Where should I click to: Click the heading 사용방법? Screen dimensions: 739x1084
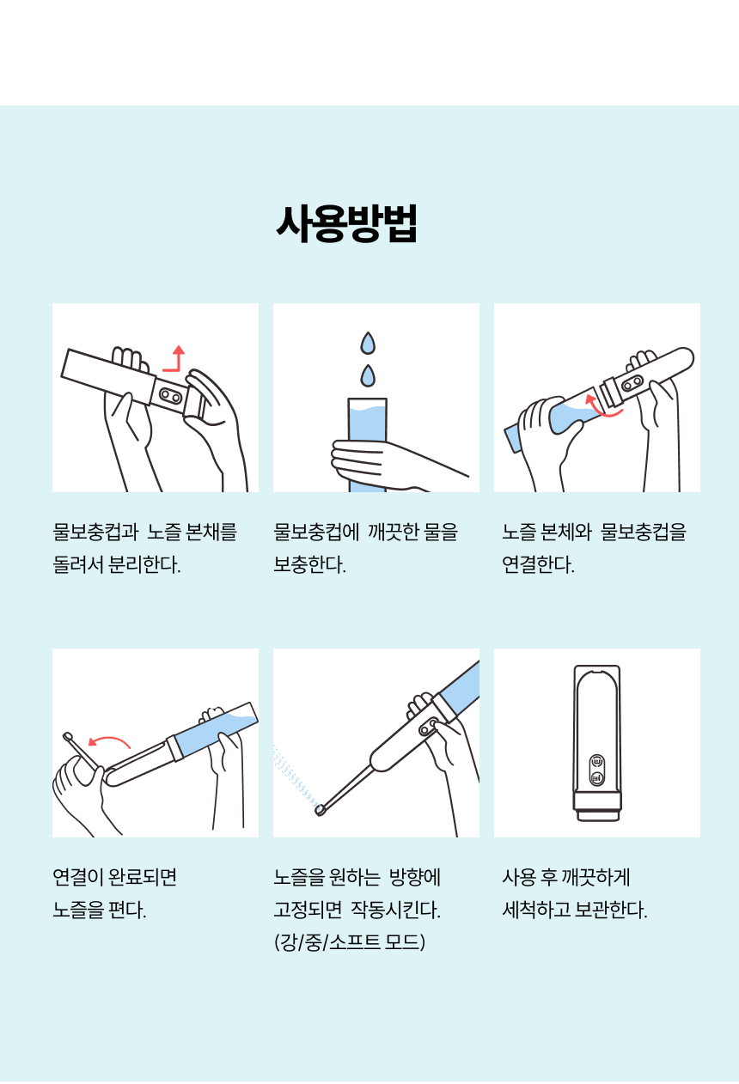pos(347,223)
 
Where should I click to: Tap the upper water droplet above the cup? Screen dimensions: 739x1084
pos(368,343)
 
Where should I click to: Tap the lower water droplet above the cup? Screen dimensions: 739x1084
pos(368,376)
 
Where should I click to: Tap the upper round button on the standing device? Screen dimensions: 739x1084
pos(597,761)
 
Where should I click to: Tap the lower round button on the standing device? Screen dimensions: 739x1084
pos(597,778)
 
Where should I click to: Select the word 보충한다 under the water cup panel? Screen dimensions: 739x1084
pos(310,564)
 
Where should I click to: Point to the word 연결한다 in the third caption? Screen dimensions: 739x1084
pos(539,564)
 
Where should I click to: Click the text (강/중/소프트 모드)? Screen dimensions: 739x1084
pos(350,942)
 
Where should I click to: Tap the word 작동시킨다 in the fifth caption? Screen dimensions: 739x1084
pos(395,910)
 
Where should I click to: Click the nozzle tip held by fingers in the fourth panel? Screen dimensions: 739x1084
pos(67,736)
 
